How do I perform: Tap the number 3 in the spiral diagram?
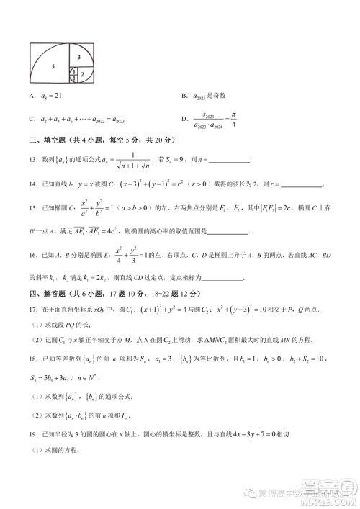coord(78,55)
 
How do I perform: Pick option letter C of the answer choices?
coord(32,119)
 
